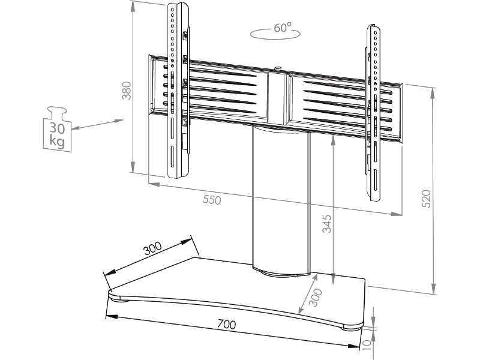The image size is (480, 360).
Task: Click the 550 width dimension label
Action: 211,200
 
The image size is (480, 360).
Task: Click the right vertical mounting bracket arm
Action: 373,111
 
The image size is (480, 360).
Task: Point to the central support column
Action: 280,198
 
